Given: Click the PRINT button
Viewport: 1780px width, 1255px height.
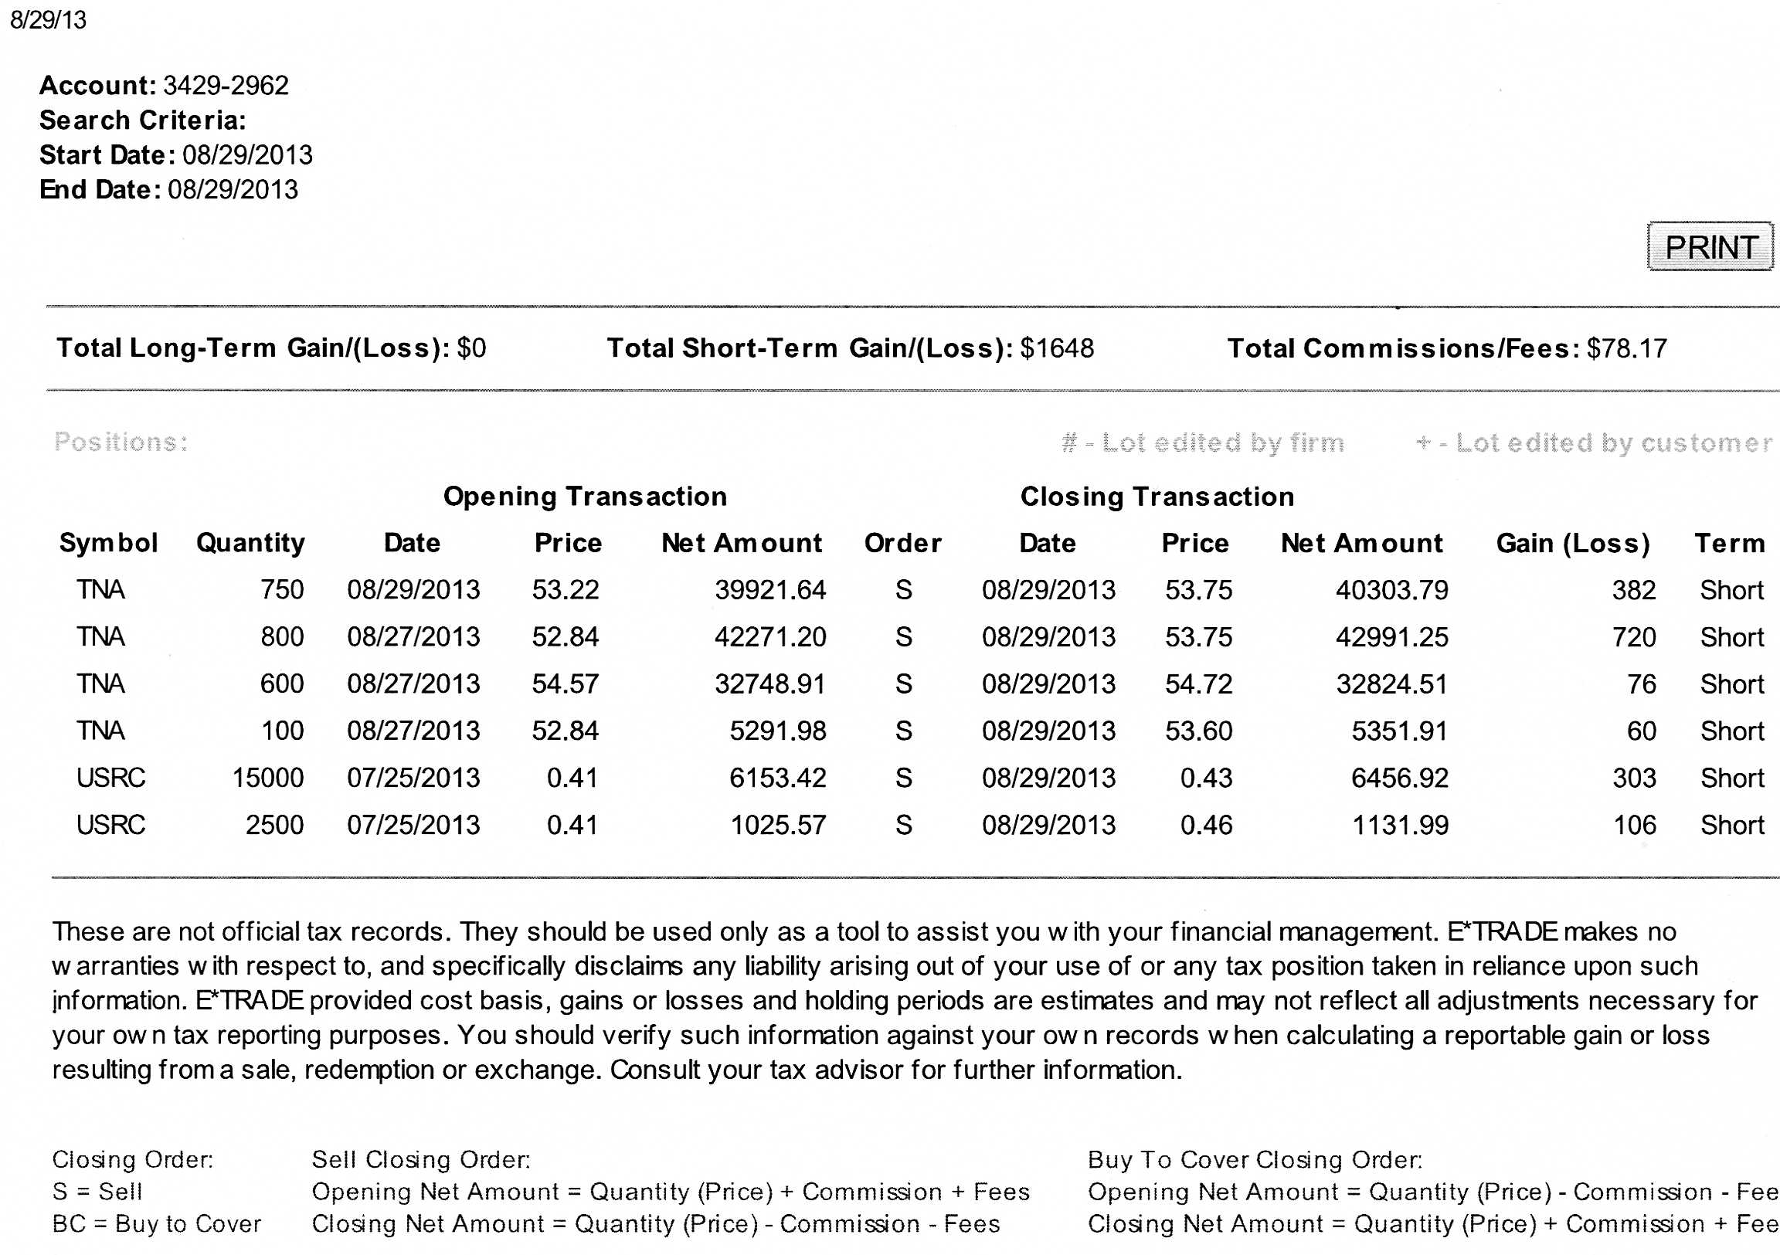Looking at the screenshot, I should pyautogui.click(x=1710, y=247).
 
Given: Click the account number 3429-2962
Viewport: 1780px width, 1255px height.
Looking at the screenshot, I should pyautogui.click(x=226, y=85).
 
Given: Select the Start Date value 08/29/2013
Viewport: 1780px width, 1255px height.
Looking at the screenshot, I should pyautogui.click(x=247, y=155).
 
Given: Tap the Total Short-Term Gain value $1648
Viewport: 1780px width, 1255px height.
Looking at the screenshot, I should pyautogui.click(x=1057, y=348).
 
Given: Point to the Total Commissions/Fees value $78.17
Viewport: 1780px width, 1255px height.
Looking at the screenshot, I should pyautogui.click(x=1626, y=348).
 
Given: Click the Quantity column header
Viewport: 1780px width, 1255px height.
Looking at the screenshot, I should pyautogui.click(x=250, y=543).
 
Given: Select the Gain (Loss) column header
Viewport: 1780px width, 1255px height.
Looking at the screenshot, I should pyautogui.click(x=1572, y=543).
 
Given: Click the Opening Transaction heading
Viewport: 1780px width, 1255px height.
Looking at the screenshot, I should pyautogui.click(x=586, y=496).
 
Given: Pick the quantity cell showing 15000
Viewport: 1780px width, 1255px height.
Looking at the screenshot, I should pyautogui.click(x=267, y=778).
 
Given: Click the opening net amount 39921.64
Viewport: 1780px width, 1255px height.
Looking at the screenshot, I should pyautogui.click(x=769, y=590).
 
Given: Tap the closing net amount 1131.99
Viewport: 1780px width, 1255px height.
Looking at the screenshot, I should pyautogui.click(x=1400, y=825).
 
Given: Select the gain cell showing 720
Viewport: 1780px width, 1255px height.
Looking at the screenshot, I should pyautogui.click(x=1633, y=637).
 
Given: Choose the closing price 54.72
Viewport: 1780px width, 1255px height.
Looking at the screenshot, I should pyautogui.click(x=1198, y=683).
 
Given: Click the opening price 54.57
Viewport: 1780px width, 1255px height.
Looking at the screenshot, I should pyautogui.click(x=566, y=683).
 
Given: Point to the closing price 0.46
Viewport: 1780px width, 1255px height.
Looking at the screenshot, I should pyautogui.click(x=1206, y=825).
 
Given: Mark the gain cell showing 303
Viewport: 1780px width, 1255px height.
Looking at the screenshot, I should pyautogui.click(x=1634, y=778).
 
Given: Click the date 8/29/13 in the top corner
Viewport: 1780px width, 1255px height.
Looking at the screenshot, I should pyautogui.click(x=48, y=19).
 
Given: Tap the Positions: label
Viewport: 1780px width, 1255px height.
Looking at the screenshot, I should pyautogui.click(x=121, y=442).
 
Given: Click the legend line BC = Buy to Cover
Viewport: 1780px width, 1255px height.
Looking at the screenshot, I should pyautogui.click(x=157, y=1223).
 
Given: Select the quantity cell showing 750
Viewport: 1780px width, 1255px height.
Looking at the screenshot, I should pyautogui.click(x=282, y=590).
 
